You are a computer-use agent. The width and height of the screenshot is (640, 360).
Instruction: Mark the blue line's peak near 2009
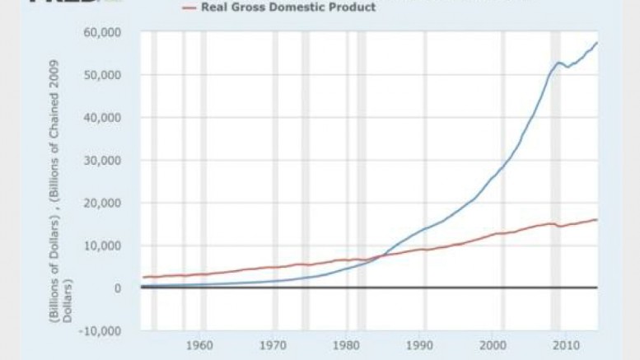point(559,63)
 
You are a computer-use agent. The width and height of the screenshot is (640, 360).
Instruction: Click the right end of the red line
point(596,220)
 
